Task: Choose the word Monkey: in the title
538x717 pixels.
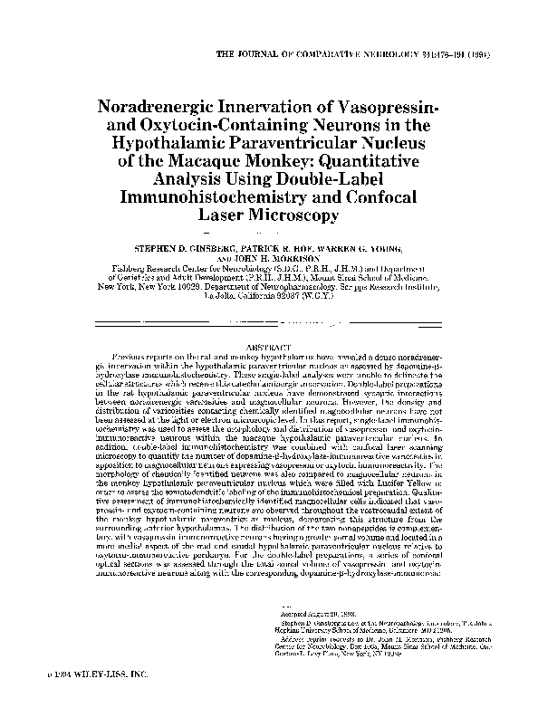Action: click(269, 162)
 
